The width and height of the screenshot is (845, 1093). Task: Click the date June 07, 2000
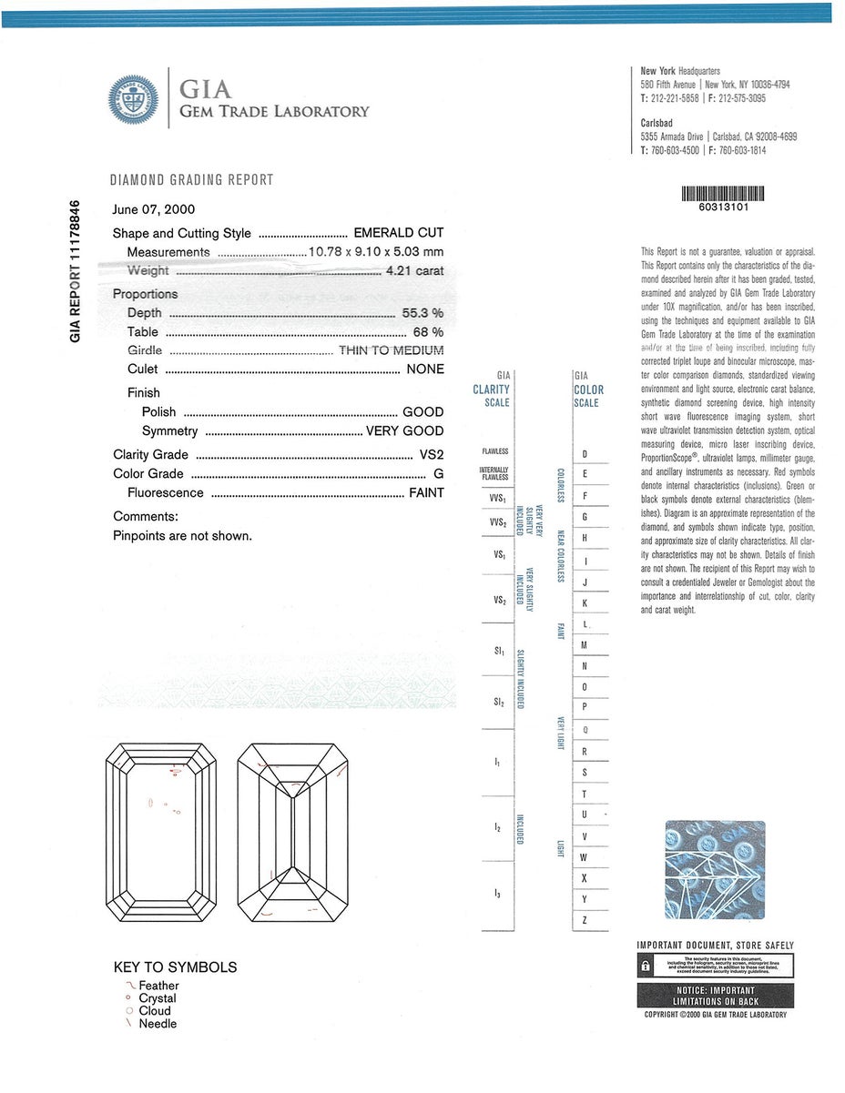click(x=154, y=209)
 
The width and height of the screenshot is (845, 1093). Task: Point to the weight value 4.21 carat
click(x=414, y=270)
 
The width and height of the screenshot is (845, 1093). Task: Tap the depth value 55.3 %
click(x=422, y=313)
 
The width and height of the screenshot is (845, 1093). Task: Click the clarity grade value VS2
click(x=432, y=455)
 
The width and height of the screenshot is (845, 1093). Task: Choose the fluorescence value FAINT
click(x=426, y=492)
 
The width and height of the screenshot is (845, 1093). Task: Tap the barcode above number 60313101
click(x=723, y=193)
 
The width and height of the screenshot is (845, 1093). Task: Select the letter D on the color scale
click(x=585, y=454)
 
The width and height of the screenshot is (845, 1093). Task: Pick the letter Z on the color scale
click(x=584, y=920)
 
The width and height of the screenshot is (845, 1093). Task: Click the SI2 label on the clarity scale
click(x=498, y=703)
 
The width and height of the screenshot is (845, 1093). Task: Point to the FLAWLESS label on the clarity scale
click(x=495, y=451)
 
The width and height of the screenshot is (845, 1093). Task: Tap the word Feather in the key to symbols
click(x=158, y=986)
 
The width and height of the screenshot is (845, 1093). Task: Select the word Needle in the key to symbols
click(x=158, y=1024)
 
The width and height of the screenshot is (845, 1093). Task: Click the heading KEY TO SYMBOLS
click(x=175, y=967)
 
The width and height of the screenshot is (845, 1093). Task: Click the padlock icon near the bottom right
click(x=645, y=966)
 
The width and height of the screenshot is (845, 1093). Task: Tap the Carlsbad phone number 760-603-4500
click(x=675, y=150)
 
